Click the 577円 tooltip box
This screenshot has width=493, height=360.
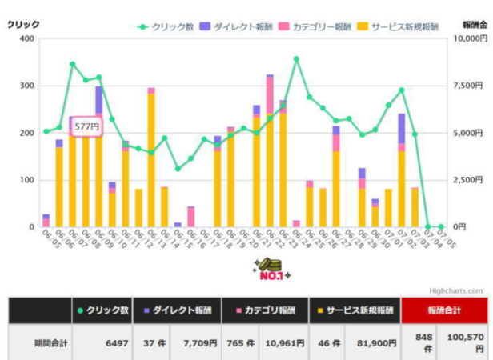[86, 126]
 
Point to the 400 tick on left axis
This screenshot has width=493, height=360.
[27, 38]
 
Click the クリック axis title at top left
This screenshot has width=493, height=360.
[24, 25]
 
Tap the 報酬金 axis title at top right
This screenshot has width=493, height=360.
[474, 25]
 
